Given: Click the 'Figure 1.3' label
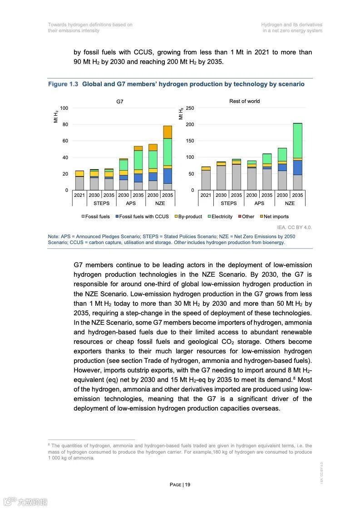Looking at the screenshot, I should click(x=63, y=84).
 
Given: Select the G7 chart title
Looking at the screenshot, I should click(x=120, y=102).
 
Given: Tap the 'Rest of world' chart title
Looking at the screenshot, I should click(x=245, y=101).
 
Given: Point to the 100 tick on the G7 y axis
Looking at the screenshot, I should click(x=64, y=108).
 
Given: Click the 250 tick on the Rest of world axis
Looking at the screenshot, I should click(x=190, y=108).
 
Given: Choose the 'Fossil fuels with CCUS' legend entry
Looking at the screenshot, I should click(x=142, y=216).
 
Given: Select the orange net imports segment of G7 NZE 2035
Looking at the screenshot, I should click(x=168, y=132).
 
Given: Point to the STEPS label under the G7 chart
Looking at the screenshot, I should click(x=101, y=203).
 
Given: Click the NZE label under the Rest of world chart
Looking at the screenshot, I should click(x=290, y=203).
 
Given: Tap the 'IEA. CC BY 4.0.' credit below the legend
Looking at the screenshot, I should click(x=294, y=227).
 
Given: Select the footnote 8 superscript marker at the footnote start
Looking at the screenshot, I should click(x=49, y=445).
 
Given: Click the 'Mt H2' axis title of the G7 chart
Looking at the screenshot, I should click(x=56, y=116).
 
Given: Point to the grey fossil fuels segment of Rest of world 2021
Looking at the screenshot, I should click(x=206, y=180).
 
